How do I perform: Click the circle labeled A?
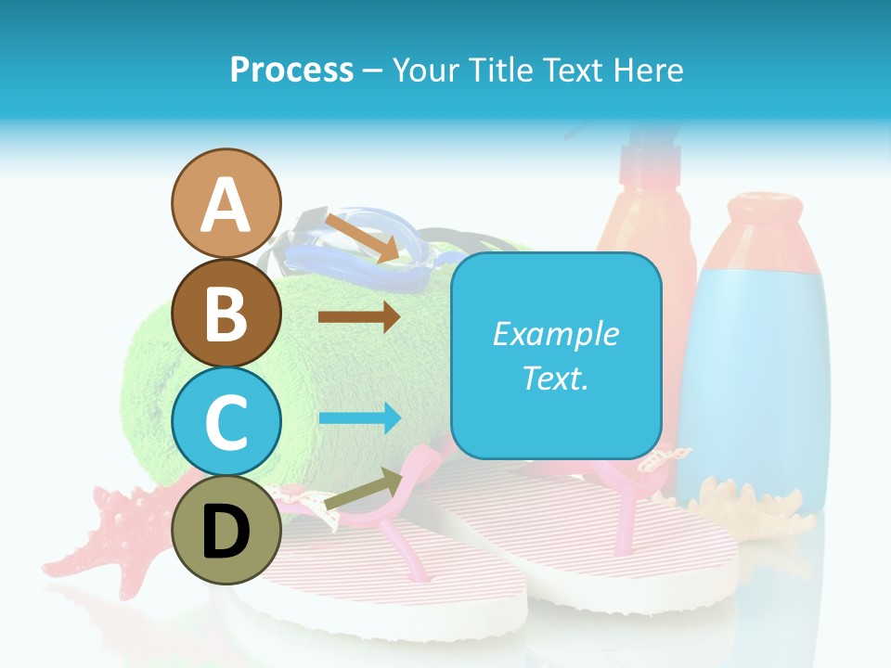pos(226,204)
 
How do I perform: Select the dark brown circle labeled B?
pos(226,314)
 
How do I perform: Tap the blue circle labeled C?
pos(226,422)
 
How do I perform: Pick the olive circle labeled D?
pos(226,530)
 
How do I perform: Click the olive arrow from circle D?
pos(361,490)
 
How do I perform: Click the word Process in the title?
pos(291,70)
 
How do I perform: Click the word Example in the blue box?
pos(555,334)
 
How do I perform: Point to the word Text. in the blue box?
pos(555,378)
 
